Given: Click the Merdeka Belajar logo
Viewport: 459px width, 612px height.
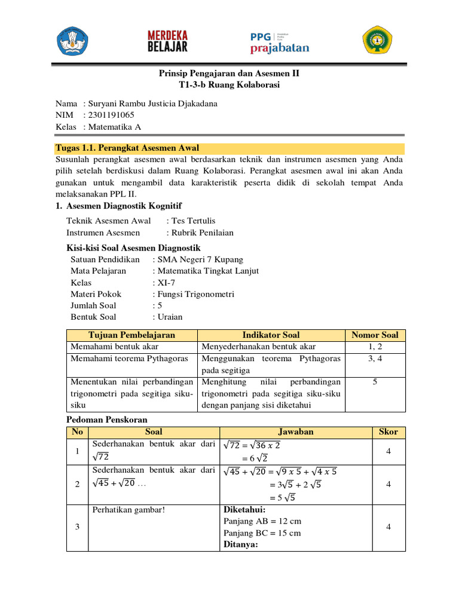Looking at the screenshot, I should pos(167,41).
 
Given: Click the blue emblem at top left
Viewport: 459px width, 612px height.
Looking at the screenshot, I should pos(72,41).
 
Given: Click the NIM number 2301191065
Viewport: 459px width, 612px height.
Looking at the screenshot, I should pos(111,115).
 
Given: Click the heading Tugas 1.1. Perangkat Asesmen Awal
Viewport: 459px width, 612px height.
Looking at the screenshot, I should pos(127,148).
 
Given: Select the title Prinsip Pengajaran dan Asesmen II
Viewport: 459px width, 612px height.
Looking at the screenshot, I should pos(229,74).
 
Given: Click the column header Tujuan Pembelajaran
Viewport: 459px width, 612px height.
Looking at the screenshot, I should pos(131,335).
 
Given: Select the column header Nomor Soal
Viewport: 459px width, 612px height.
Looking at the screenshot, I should pos(375,335).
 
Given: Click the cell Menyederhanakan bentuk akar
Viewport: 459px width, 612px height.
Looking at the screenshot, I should pos(259,347).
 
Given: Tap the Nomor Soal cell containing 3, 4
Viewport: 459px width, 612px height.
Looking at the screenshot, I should pos(375,359).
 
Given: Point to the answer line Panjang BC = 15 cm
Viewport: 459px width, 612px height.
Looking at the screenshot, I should pos(262,533).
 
